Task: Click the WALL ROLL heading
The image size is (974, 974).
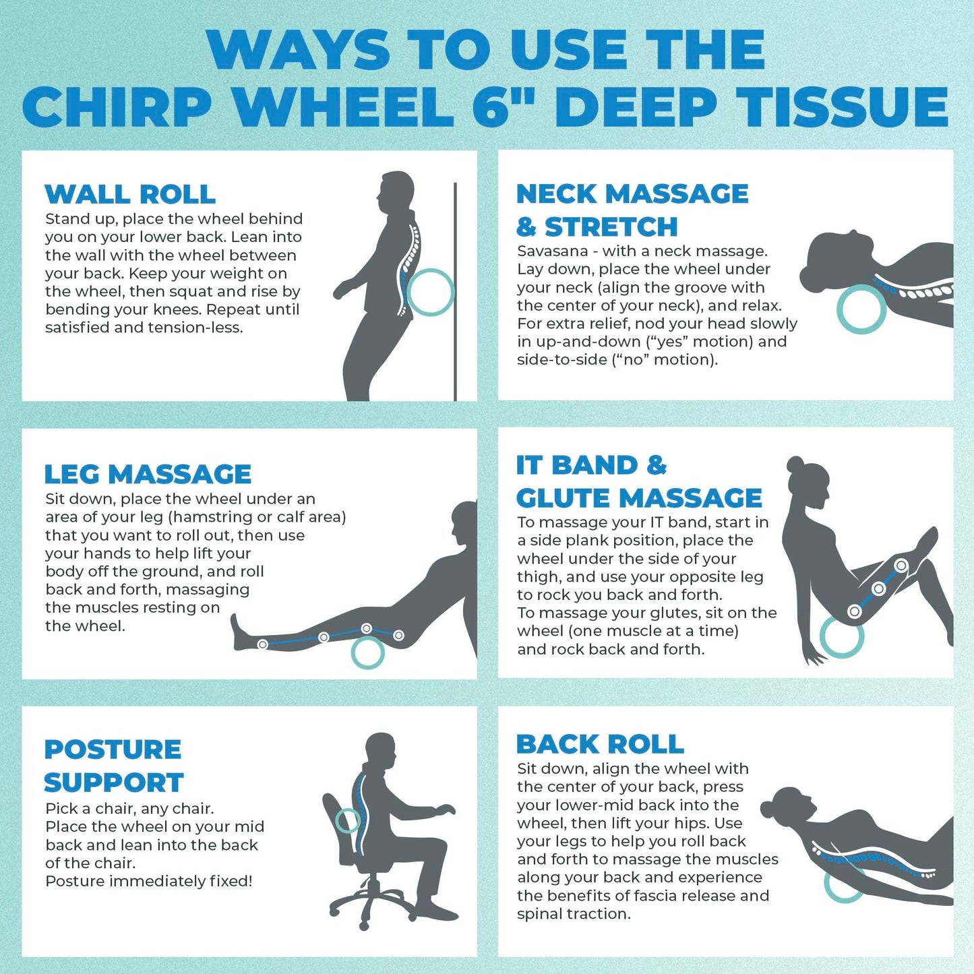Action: [130, 194]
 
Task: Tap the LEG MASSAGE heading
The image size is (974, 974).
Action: [148, 474]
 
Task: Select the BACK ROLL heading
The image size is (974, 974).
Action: [600, 744]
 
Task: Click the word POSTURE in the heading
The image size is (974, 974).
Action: [113, 750]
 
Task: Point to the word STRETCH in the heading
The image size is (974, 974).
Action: [611, 227]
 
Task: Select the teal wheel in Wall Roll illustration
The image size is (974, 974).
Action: [430, 292]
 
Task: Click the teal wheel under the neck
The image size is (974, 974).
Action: [861, 309]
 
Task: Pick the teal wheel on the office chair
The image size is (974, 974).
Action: [348, 820]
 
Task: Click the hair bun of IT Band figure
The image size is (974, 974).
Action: [795, 464]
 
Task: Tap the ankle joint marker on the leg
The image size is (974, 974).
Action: [263, 644]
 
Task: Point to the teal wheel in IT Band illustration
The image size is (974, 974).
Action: [841, 638]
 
